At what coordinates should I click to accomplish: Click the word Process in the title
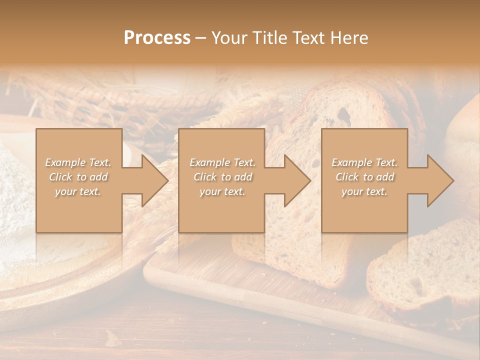click(157, 38)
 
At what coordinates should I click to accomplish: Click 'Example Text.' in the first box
click(78, 162)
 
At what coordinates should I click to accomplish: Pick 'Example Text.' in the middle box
click(222, 162)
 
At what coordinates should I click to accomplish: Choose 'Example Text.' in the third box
click(364, 162)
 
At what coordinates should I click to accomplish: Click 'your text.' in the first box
click(78, 191)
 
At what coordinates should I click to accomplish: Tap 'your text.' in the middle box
click(222, 191)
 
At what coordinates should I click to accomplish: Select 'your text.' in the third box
click(364, 191)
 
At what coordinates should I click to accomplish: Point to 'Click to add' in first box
click(78, 177)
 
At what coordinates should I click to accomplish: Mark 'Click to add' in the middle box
click(222, 177)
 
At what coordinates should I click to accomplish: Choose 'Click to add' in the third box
click(364, 177)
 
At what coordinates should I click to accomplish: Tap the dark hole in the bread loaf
click(344, 115)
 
